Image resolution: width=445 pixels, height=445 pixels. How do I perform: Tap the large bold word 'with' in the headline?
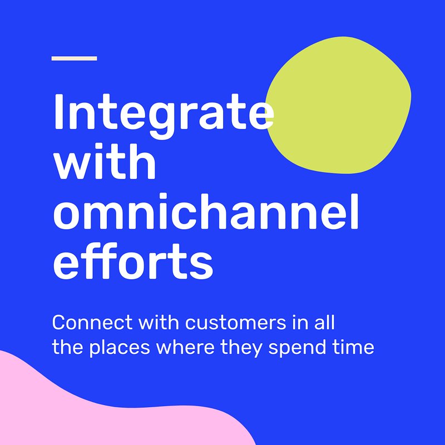pyautogui.click(x=105, y=161)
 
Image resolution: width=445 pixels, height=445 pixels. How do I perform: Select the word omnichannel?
pyautogui.click(x=206, y=211)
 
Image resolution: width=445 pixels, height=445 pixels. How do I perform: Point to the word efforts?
pyautogui.click(x=133, y=261)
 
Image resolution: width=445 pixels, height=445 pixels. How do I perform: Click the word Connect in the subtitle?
pyautogui.click(x=92, y=323)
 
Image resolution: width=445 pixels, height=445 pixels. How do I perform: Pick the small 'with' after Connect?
pyautogui.click(x=159, y=323)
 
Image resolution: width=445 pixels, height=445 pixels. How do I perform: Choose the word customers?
pyautogui.click(x=235, y=323)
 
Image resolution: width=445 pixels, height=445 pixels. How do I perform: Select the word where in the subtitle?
pyautogui.click(x=185, y=347)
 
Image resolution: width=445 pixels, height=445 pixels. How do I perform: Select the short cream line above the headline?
pyautogui.click(x=75, y=58)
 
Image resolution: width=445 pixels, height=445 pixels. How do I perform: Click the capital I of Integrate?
pyautogui.click(x=58, y=112)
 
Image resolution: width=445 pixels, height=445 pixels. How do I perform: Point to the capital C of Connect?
pyautogui.click(x=59, y=323)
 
